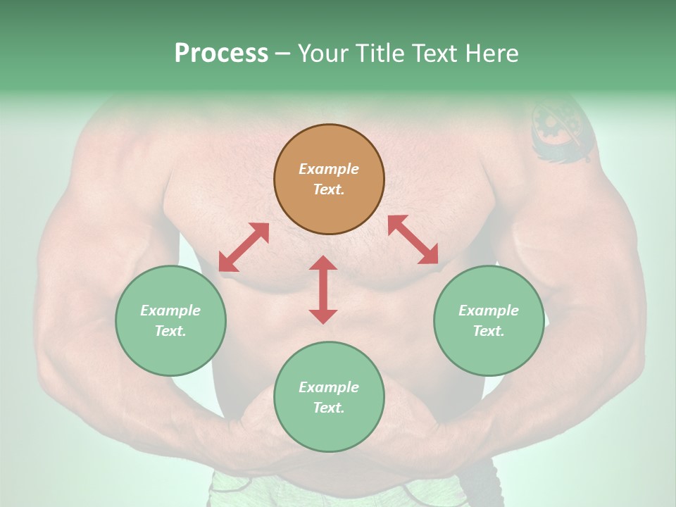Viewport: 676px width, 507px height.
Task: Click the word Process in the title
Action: click(x=221, y=54)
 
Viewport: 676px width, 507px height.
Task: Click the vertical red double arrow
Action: click(x=323, y=289)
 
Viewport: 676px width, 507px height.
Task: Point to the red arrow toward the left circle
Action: click(x=244, y=247)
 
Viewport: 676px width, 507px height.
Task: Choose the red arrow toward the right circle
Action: click(x=413, y=239)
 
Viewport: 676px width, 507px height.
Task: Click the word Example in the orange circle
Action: click(x=329, y=169)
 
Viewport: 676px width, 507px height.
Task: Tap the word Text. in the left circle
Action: click(x=170, y=331)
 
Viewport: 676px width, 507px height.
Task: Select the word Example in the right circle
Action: click(x=489, y=311)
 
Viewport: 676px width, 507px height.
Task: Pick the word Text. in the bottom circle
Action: click(x=329, y=408)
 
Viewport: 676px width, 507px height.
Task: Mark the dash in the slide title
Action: click(x=283, y=54)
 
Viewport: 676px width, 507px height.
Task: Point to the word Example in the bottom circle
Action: click(x=329, y=387)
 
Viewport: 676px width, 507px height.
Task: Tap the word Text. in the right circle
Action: click(x=489, y=331)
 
